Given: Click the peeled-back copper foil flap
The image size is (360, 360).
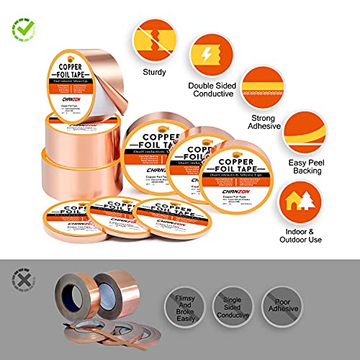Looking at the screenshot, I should pyautogui.click(x=104, y=72).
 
